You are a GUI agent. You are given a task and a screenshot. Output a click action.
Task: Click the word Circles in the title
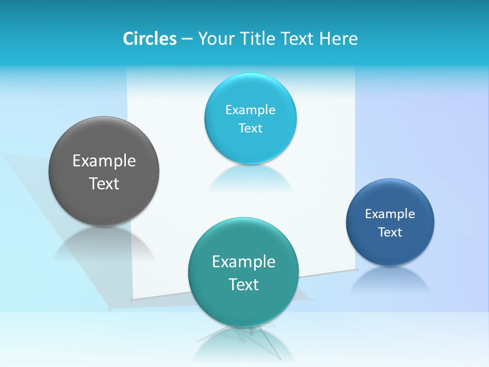tap(150, 39)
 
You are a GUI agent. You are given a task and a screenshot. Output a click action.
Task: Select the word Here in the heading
tap(338, 39)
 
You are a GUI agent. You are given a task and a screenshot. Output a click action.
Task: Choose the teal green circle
tap(243, 301)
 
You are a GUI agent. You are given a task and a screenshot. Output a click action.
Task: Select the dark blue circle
tap(390, 250)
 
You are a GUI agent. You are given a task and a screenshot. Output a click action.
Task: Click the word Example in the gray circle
tap(104, 161)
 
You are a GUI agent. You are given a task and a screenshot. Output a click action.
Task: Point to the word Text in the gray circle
tap(104, 183)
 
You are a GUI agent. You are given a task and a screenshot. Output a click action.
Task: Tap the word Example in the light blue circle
tap(250, 110)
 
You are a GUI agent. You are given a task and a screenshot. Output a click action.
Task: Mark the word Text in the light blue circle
tap(250, 128)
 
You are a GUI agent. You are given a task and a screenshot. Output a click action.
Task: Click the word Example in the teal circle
tap(243, 262)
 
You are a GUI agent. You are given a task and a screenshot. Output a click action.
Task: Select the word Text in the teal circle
tap(243, 284)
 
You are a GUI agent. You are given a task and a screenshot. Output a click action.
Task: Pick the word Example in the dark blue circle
tap(390, 214)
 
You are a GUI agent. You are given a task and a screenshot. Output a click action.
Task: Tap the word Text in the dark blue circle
tap(390, 232)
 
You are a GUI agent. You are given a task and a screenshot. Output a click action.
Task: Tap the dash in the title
tap(186, 39)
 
